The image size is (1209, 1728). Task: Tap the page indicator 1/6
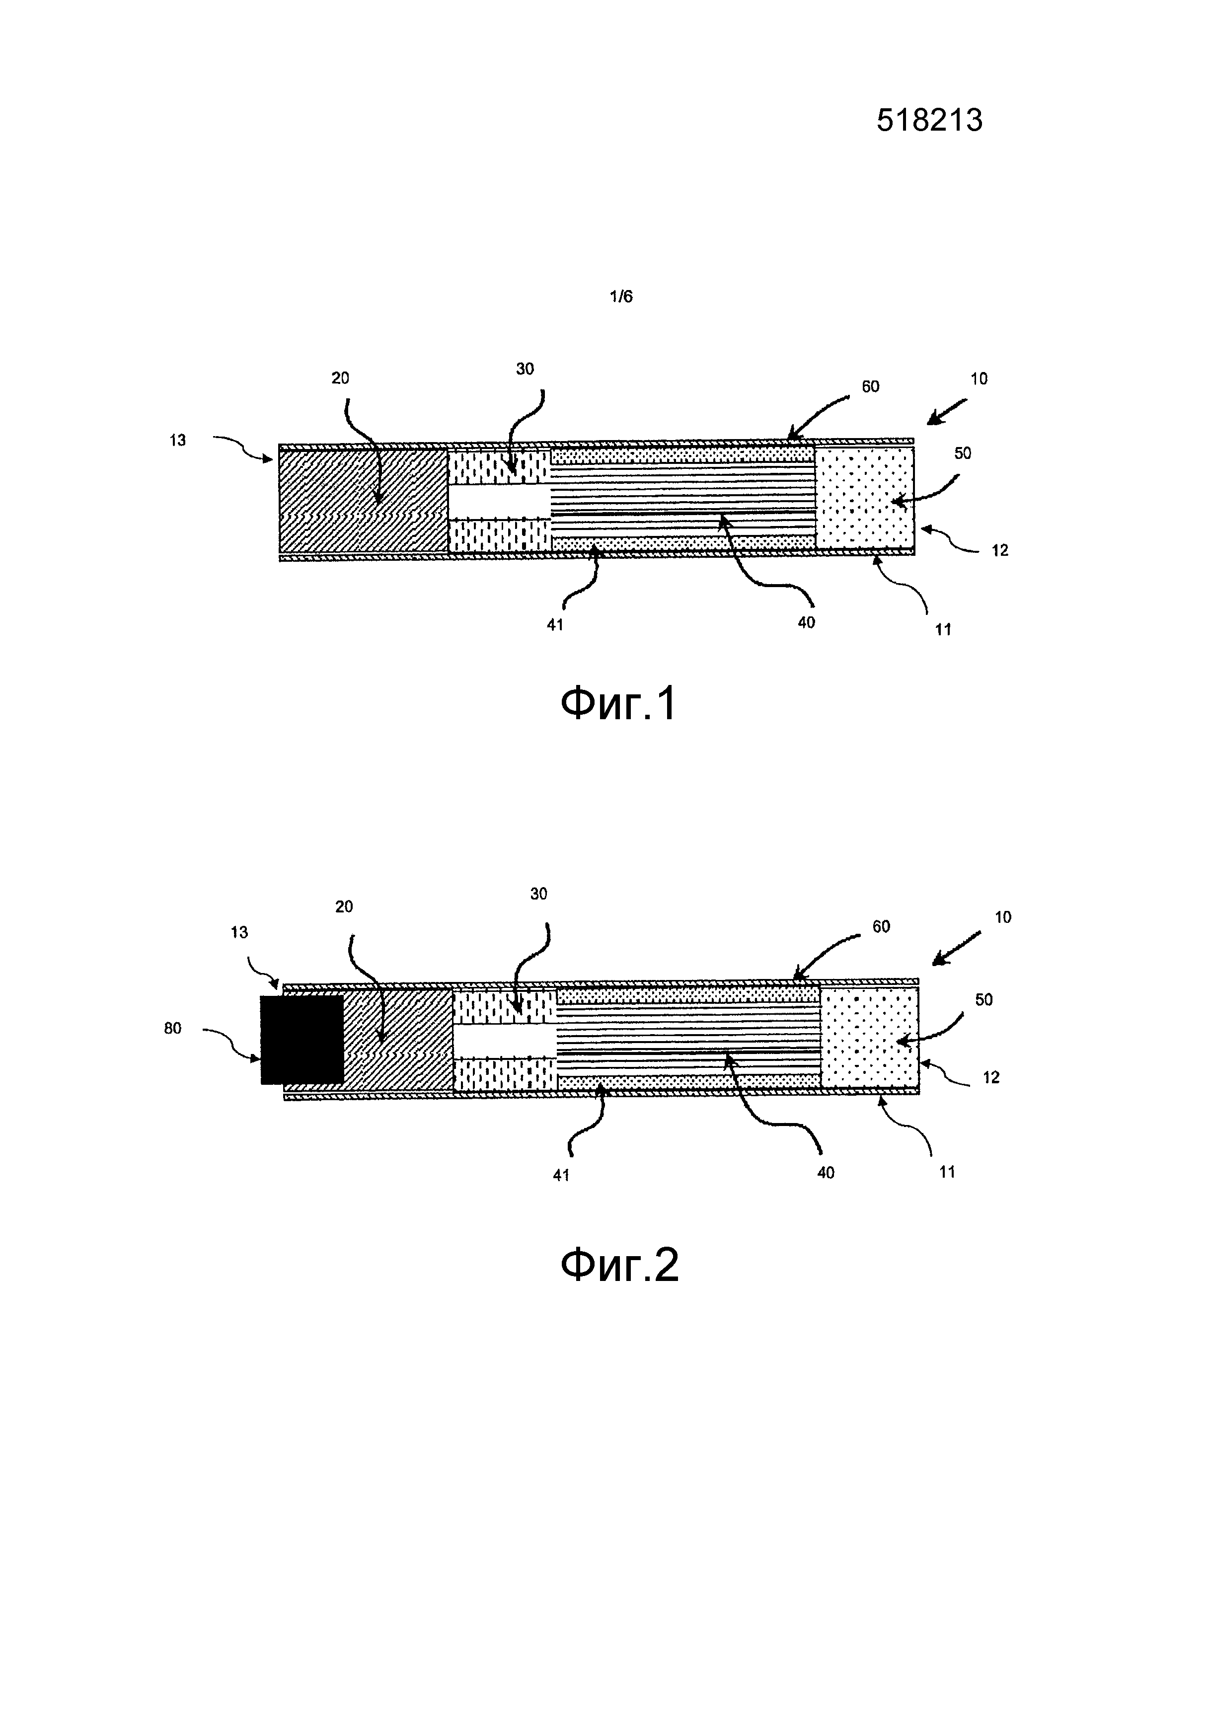coord(621,297)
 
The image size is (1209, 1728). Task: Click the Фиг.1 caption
coord(619,705)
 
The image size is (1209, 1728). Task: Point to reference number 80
coord(172,1028)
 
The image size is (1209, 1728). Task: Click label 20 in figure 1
coord(340,378)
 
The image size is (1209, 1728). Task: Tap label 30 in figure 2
coord(538,894)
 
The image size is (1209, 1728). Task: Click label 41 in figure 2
coord(561,1175)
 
